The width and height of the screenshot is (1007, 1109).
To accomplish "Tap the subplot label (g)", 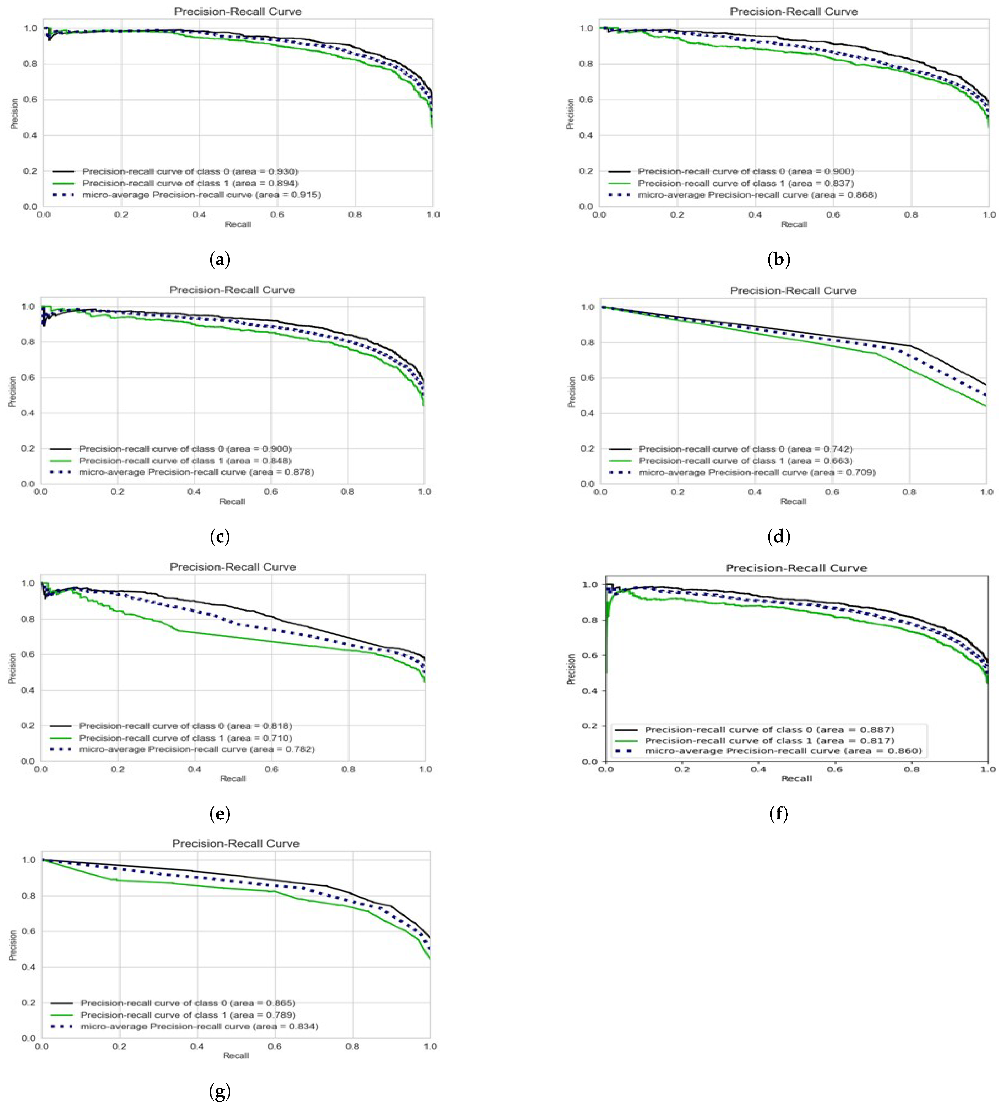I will (x=220, y=1091).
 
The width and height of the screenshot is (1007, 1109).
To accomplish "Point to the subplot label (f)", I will (x=778, y=814).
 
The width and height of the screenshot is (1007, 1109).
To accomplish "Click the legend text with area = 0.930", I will (x=190, y=172).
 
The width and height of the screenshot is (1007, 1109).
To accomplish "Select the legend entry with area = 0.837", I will (x=745, y=183).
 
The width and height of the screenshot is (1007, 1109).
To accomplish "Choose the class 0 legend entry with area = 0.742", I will (x=745, y=449).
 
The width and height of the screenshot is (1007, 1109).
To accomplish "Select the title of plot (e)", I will (x=233, y=567).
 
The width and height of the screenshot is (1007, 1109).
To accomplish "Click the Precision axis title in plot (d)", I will (x=571, y=392).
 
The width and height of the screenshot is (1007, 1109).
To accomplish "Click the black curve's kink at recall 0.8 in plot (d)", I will (x=910, y=346).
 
